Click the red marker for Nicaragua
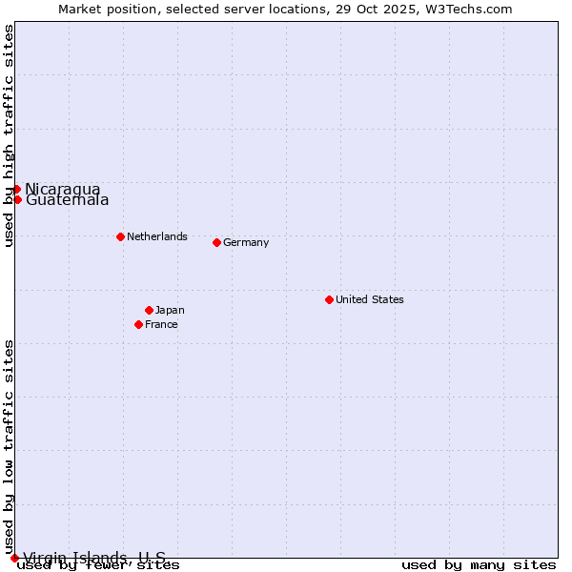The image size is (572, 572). click(16, 189)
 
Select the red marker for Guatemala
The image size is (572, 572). click(17, 199)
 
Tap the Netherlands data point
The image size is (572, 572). click(120, 236)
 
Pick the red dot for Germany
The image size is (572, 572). click(216, 242)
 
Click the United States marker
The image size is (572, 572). click(329, 299)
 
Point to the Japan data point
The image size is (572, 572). click(149, 310)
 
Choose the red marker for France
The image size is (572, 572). click(138, 324)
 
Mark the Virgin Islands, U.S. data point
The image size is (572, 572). click(14, 558)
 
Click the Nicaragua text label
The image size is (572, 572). click(63, 189)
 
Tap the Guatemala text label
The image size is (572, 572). click(67, 200)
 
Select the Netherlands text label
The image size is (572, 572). click(157, 236)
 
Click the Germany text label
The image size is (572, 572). click(246, 242)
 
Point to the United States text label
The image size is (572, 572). click(370, 299)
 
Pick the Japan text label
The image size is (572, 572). click(170, 310)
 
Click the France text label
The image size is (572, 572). click(161, 324)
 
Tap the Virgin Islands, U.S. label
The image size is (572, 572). click(94, 558)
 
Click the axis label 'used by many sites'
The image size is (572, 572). click(479, 565)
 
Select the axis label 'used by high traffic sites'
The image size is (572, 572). click(9, 135)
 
